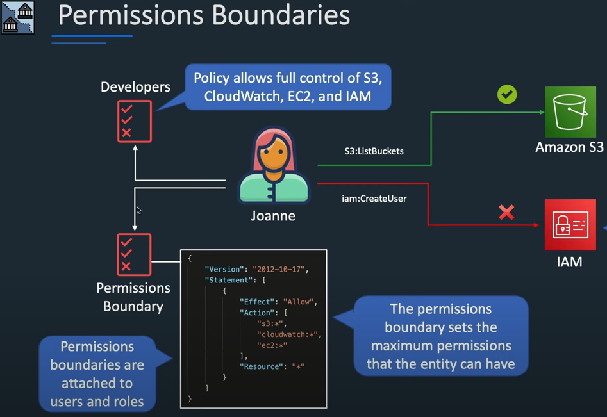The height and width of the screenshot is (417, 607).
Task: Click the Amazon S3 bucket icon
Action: click(x=570, y=112)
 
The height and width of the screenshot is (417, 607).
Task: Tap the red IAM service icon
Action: click(x=570, y=224)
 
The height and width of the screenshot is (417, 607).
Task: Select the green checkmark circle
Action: click(x=507, y=95)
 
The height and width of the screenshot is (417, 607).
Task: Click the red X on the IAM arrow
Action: click(x=506, y=212)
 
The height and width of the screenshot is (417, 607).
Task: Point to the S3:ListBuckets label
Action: click(x=374, y=151)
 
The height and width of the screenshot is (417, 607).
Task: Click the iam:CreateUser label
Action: click(x=374, y=199)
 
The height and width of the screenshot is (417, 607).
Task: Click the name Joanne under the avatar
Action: click(x=273, y=216)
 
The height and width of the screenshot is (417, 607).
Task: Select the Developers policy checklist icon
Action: click(x=135, y=120)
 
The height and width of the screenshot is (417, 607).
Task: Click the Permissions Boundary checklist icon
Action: click(x=135, y=254)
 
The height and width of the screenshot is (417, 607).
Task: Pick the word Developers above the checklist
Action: click(x=135, y=86)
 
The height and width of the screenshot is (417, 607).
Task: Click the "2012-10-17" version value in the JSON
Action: click(x=281, y=269)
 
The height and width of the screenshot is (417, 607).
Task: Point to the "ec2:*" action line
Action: click(x=272, y=345)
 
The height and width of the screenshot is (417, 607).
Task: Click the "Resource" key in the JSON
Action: click(x=260, y=366)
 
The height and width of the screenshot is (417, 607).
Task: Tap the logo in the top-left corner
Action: click(x=17, y=17)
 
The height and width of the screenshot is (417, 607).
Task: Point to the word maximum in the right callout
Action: click(x=408, y=346)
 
